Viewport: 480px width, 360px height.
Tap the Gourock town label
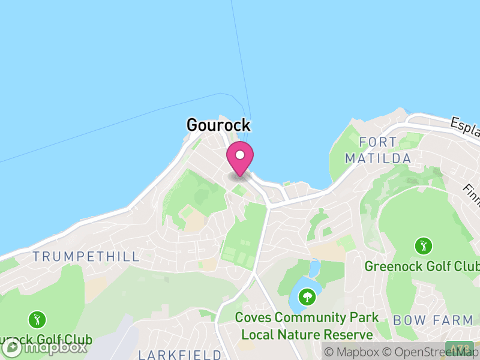218,125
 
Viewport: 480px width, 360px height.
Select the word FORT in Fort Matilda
378,142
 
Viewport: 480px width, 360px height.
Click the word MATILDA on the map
378,158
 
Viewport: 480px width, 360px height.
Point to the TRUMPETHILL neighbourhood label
86,256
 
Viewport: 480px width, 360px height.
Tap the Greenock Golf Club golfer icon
424,245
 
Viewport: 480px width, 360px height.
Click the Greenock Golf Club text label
422,266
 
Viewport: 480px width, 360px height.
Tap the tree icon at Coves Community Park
307,296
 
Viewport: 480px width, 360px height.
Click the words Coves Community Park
307,317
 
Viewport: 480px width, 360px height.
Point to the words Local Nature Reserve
307,334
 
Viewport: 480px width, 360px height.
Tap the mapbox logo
44,347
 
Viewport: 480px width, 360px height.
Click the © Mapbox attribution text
353,352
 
